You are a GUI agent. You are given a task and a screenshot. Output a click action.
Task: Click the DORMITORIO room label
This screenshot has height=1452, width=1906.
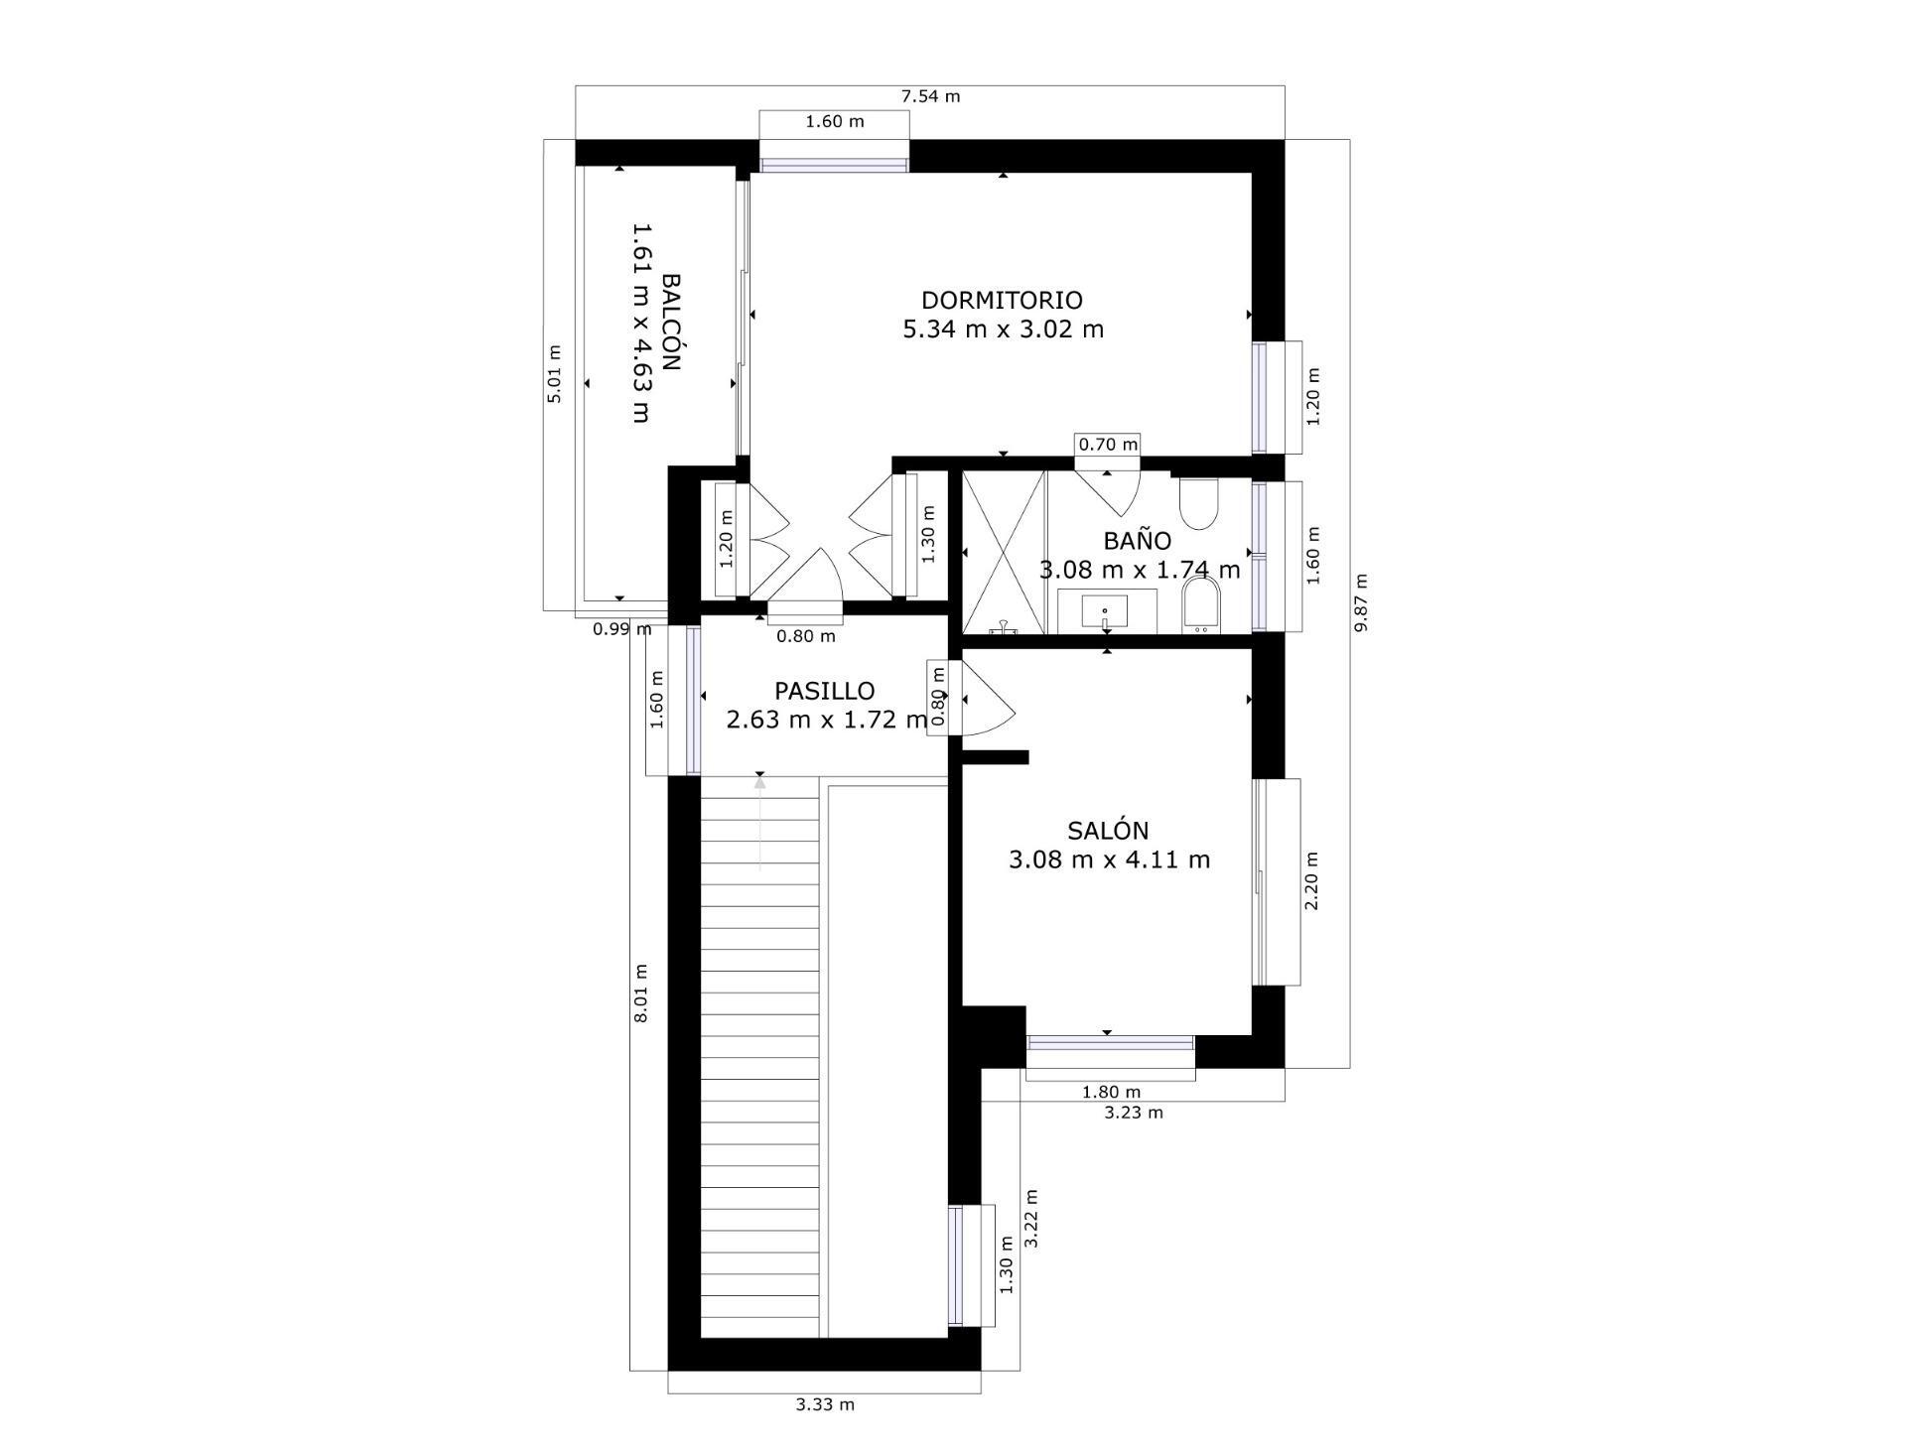(1002, 300)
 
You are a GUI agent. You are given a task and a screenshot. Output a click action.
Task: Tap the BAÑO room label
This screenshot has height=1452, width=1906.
(1137, 541)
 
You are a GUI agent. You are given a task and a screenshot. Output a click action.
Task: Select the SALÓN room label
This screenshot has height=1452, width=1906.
(1108, 831)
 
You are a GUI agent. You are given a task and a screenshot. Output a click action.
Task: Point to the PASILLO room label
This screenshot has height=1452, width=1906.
(824, 691)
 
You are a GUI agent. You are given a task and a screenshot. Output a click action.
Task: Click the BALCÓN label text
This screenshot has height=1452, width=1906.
(672, 323)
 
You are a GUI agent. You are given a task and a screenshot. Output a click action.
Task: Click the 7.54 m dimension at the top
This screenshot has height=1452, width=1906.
(930, 96)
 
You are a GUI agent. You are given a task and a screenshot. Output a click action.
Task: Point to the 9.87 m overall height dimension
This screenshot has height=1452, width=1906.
(1361, 602)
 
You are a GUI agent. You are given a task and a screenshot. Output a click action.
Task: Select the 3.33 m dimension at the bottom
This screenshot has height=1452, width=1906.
(825, 1404)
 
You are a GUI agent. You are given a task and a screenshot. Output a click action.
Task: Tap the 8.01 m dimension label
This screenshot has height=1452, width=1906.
(641, 992)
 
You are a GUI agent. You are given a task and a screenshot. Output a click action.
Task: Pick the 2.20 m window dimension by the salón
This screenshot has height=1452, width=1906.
(1311, 880)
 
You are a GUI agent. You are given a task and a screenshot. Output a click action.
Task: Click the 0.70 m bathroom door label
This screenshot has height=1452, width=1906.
(1108, 445)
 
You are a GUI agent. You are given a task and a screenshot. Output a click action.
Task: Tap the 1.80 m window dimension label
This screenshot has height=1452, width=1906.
(1111, 1093)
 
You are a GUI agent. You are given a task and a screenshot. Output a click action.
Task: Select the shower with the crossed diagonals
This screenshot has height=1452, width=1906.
(1004, 552)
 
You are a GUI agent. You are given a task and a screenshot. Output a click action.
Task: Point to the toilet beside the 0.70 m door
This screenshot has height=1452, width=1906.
(1199, 504)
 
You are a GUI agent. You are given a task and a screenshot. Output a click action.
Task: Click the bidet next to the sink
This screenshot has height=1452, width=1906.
(1201, 605)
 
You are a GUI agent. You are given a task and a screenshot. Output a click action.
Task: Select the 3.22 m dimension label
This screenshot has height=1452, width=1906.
(1031, 1219)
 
